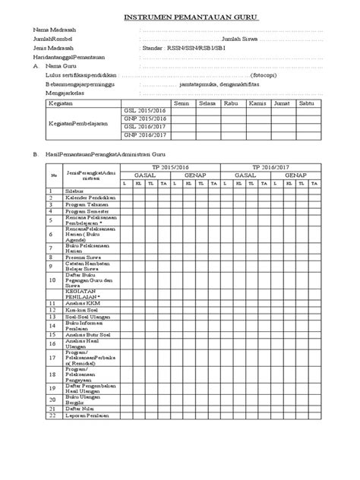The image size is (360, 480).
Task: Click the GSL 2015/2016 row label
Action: pyautogui.click(x=144, y=111)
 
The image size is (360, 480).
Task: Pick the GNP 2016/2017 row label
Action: pyautogui.click(x=144, y=135)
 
